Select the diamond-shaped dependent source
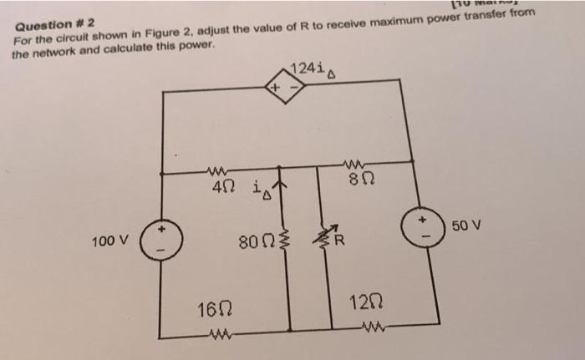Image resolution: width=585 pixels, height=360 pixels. (283, 87)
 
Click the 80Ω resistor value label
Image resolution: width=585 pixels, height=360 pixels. (253, 245)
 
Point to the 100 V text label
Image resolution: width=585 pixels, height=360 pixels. (109, 241)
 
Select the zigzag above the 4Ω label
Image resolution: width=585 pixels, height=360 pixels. (216, 172)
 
